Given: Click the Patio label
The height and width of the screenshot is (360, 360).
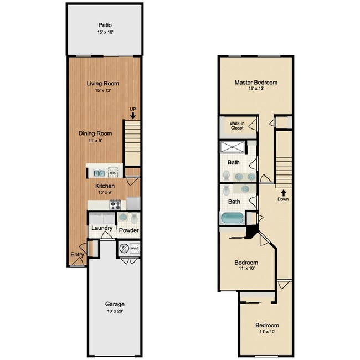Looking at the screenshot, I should click(105, 25).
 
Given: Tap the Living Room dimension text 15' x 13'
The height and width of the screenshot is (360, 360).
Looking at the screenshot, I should click(102, 91).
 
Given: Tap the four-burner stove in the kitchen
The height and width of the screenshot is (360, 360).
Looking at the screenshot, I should click(116, 204).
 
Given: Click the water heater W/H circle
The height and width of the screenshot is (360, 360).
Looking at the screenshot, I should click(124, 249).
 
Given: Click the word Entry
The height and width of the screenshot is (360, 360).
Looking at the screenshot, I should click(77, 255).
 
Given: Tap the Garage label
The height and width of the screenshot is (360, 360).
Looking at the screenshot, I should click(115, 304).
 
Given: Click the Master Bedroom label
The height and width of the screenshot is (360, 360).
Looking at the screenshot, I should click(255, 83).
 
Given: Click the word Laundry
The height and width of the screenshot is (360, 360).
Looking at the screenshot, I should click(102, 229).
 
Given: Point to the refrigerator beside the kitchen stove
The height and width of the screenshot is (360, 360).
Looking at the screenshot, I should click(133, 203).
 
